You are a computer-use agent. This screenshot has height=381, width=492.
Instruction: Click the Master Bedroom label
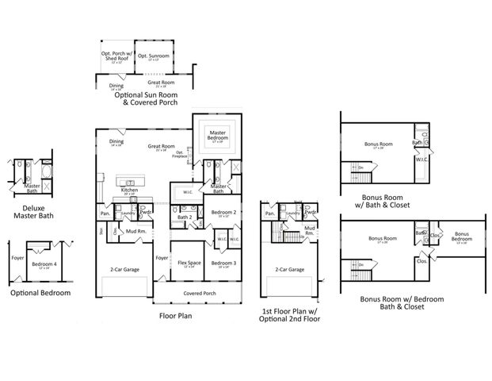[217, 137]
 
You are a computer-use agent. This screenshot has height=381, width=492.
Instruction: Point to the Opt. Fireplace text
[180, 154]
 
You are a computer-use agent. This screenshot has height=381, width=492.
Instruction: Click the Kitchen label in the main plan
[130, 190]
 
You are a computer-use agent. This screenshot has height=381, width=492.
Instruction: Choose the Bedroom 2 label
[223, 213]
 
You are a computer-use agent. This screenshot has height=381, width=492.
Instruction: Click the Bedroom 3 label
[223, 263]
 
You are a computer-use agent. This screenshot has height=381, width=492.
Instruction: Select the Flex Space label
[189, 263]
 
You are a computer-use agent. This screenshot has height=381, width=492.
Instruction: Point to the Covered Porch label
[198, 292]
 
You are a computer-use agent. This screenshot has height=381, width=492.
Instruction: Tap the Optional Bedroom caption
[40, 293]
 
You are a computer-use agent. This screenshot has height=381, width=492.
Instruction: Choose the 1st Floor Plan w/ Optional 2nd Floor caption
[291, 316]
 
